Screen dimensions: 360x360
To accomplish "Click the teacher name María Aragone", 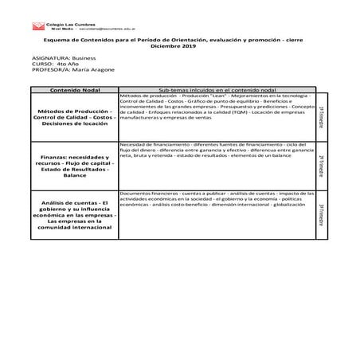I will (89, 71).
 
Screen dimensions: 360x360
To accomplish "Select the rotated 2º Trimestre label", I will (321, 166).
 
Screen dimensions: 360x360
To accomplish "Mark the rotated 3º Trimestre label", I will (321, 214).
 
